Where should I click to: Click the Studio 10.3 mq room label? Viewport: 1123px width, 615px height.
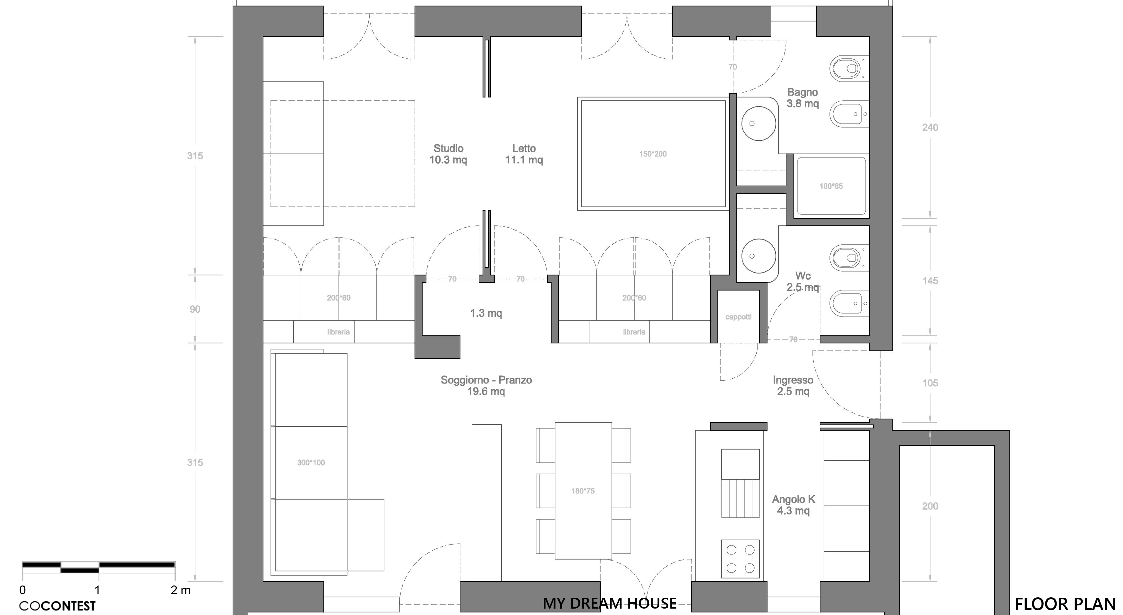(448, 154)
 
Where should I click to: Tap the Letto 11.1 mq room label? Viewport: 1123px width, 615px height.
(524, 154)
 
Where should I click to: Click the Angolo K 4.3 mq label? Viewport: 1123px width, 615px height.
(793, 505)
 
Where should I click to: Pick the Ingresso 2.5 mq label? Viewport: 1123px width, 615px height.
(793, 385)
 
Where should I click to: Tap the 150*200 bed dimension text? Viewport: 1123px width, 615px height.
(653, 154)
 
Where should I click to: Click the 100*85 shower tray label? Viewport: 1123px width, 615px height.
(831, 186)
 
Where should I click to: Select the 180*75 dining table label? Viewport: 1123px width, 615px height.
(583, 491)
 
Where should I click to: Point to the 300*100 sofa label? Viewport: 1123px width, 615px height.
(311, 463)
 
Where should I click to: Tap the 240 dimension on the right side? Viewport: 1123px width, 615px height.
(930, 128)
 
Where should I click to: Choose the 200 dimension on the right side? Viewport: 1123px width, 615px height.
(930, 506)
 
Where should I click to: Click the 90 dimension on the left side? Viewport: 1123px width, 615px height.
(195, 309)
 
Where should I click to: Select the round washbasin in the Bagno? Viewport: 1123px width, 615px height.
(759, 123)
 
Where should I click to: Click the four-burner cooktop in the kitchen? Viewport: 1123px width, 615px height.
(740, 559)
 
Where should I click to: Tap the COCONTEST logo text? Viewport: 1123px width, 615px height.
(57, 606)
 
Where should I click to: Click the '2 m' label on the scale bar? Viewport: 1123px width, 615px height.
(180, 590)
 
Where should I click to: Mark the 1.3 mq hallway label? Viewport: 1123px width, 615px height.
(486, 313)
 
